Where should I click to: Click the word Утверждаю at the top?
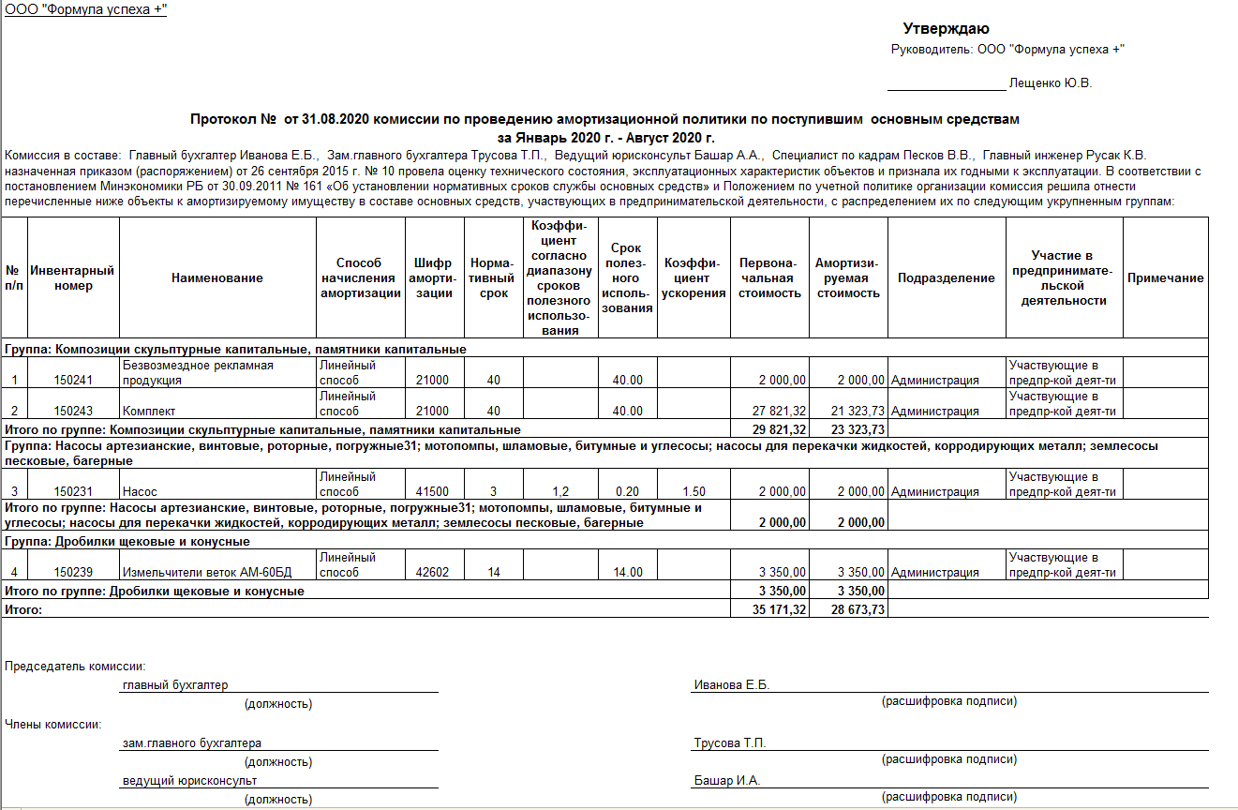[x=946, y=29]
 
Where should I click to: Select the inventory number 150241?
[x=73, y=381]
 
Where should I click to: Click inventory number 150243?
[x=73, y=412]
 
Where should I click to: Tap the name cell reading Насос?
[x=139, y=492]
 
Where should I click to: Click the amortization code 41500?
[x=431, y=492]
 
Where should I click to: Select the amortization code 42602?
[x=431, y=573]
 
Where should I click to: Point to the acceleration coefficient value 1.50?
[x=694, y=492]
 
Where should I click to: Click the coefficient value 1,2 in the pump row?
[x=560, y=492]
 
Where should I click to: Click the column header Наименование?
[x=217, y=278]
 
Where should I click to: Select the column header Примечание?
[x=1165, y=278]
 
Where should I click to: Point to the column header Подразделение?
[x=946, y=278]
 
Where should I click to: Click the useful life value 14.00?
[x=627, y=573]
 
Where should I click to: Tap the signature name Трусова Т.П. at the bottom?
[x=730, y=743]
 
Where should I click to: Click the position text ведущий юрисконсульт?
[x=189, y=781]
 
